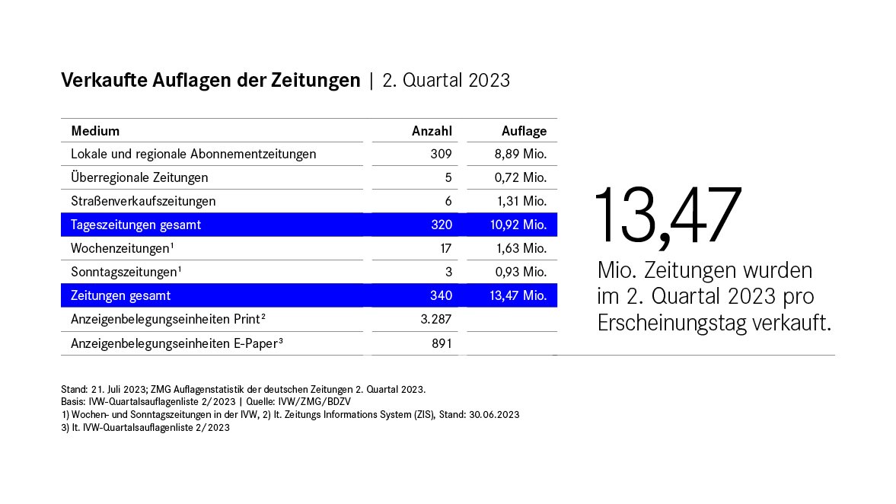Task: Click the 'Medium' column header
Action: [x=95, y=131]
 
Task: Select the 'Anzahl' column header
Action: [x=432, y=131]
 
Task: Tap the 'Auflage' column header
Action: [x=524, y=131]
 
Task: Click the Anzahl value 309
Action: [x=441, y=155]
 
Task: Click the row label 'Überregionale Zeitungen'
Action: [x=139, y=178]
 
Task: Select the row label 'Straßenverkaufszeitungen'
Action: [x=143, y=202]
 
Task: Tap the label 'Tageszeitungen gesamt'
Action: [x=136, y=225]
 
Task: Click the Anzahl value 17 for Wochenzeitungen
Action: [x=445, y=249]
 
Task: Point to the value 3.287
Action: [x=436, y=320]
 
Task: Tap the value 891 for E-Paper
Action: [x=441, y=343]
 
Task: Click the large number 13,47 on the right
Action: [x=668, y=215]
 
